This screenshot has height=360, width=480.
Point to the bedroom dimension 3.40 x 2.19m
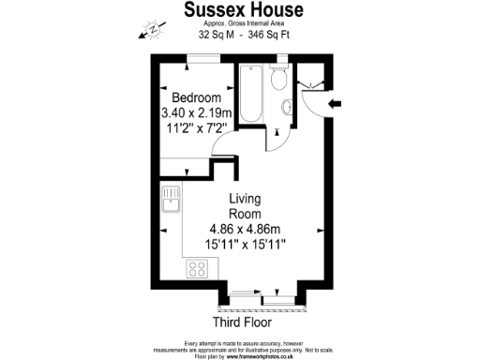[x=197, y=113]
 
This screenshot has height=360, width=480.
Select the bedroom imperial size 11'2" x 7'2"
[x=196, y=129]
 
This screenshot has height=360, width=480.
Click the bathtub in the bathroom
[x=251, y=94]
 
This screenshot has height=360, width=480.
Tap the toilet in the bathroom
[x=278, y=82]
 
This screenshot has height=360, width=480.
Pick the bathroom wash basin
[x=285, y=110]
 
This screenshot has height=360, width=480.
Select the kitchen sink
[x=172, y=201]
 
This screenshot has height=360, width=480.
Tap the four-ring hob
[x=198, y=269]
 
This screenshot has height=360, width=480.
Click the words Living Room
[x=245, y=206]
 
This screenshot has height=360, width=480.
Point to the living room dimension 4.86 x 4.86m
[x=246, y=229]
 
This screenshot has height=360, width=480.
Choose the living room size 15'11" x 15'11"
[x=246, y=245]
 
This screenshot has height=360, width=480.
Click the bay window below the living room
[x=262, y=299]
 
